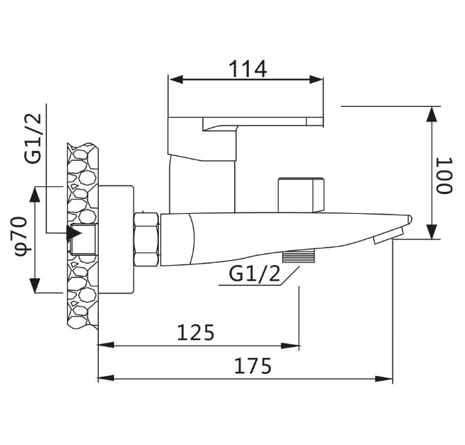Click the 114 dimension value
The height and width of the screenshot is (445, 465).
point(247,68)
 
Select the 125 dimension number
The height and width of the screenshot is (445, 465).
point(196,333)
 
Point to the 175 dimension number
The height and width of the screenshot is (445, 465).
point(253,366)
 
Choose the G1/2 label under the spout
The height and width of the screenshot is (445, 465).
point(255,275)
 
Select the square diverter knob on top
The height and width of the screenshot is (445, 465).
point(301,195)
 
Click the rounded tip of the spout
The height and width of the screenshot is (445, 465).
point(408,220)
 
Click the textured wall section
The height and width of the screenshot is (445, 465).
point(82,235)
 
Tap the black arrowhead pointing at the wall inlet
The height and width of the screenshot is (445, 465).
point(73,233)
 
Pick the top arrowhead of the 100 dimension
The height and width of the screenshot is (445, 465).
point(432,115)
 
